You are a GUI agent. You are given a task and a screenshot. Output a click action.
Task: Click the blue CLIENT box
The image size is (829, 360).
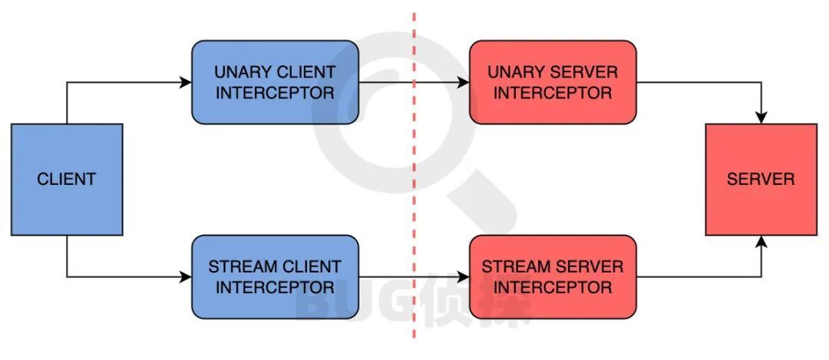[x=67, y=180]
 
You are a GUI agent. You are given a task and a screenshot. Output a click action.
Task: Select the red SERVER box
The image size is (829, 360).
[x=761, y=180]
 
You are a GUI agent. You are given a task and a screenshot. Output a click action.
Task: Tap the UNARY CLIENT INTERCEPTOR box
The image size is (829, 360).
[x=275, y=82]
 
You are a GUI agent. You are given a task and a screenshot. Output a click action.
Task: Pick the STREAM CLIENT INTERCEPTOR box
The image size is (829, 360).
[x=275, y=277]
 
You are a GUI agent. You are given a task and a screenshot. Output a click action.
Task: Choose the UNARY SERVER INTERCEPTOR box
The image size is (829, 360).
[x=553, y=82]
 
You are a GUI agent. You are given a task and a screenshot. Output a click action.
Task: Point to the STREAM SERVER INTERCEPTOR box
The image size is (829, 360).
[x=553, y=277]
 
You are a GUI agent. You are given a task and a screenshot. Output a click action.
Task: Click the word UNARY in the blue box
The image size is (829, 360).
[x=240, y=73]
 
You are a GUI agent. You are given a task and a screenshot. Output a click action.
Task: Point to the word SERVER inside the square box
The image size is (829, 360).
[x=761, y=180]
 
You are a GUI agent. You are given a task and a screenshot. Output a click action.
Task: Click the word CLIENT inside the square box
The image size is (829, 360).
[x=67, y=180]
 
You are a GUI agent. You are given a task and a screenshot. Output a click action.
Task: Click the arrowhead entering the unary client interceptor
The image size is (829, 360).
[x=186, y=82]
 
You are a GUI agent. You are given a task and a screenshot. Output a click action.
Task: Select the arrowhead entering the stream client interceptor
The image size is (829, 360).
[x=186, y=277]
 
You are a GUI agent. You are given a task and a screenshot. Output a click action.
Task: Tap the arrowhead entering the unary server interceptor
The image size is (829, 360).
[x=464, y=82]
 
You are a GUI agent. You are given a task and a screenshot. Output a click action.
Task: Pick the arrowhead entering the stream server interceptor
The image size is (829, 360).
[x=464, y=277]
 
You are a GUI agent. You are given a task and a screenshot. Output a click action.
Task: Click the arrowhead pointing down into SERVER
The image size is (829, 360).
[x=761, y=118]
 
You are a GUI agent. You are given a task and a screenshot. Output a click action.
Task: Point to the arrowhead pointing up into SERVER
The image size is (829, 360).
[x=761, y=241]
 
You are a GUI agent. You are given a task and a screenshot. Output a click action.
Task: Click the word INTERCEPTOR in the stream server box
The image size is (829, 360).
[x=553, y=288]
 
